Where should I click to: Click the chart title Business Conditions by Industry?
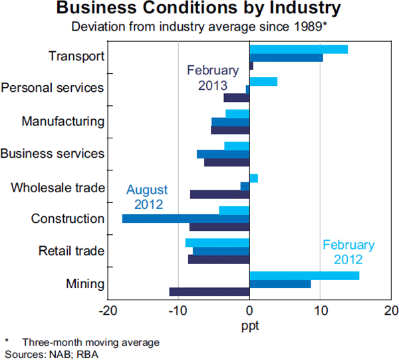199,9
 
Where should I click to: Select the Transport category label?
76,56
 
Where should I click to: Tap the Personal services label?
53,88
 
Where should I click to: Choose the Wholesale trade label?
58,187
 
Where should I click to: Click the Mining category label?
85,284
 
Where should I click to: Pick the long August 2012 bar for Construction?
186,219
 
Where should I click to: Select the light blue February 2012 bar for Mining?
304,275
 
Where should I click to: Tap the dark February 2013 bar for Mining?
209,291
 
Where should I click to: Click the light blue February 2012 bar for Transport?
299,49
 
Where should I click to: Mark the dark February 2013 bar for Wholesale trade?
219,194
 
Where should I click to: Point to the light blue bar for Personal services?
263,82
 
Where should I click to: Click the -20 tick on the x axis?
107,310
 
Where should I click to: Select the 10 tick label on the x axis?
321,310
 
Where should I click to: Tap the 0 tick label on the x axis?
249,310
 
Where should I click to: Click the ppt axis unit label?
249,326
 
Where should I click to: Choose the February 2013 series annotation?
213,78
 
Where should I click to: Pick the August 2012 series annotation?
148,197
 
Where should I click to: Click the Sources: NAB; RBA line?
41,352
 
